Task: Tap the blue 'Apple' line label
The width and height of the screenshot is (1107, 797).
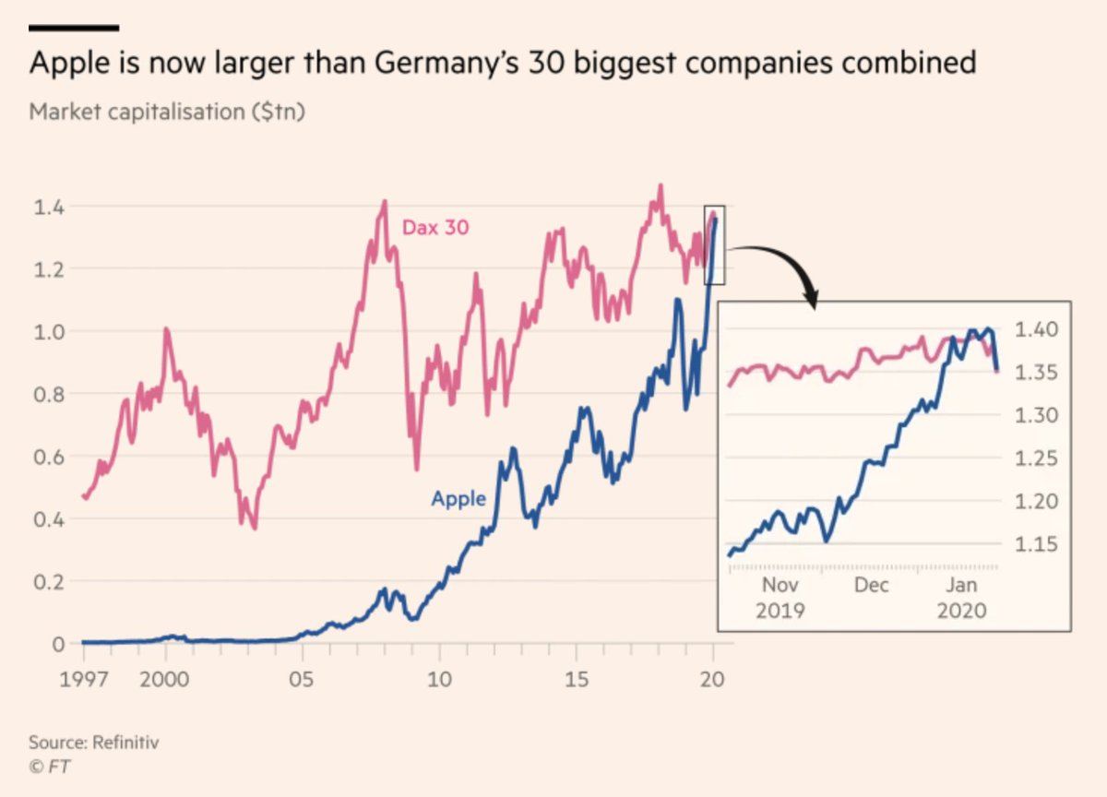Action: point(458,499)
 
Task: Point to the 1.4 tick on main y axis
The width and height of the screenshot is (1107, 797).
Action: point(49,207)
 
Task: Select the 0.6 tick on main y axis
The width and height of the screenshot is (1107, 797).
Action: point(49,457)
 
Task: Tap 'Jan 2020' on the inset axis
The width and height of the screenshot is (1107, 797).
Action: point(962,597)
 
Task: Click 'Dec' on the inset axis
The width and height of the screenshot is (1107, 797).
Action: point(872,585)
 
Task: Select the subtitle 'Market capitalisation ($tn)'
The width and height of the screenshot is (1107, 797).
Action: point(167,112)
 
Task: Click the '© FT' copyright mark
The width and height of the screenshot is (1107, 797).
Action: point(50,766)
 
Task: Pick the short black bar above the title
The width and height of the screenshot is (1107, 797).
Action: point(74,28)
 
